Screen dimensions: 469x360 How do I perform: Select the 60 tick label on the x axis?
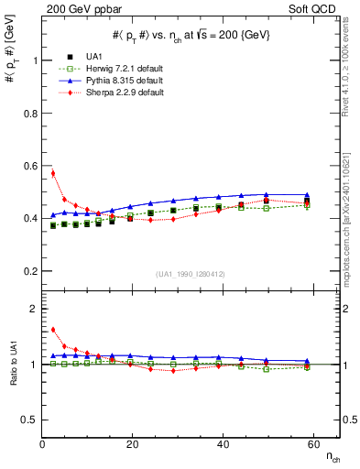[311, 444]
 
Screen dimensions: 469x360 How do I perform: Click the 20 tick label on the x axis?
[132, 444]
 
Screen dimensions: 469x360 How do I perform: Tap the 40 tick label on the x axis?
[222, 444]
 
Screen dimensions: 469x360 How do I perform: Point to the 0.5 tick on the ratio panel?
[30, 420]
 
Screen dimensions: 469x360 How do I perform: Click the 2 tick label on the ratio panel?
[34, 309]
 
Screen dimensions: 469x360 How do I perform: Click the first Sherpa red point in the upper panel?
[53, 173]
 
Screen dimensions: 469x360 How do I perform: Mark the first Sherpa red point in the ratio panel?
[53, 330]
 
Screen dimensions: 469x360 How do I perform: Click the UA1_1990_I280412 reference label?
[191, 274]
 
